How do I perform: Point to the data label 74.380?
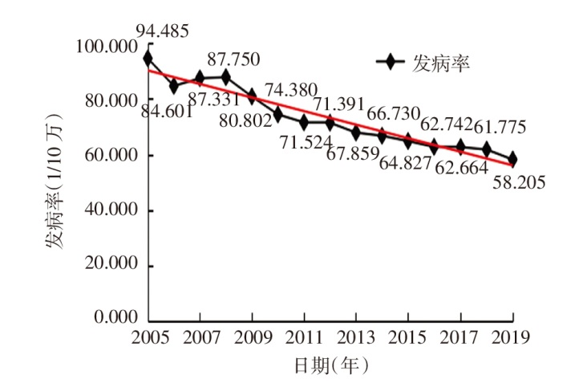pyautogui.click(x=291, y=90)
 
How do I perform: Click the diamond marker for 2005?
pyautogui.click(x=148, y=59)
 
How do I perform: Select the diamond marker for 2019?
pyautogui.click(x=512, y=159)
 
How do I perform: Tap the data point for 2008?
pyautogui.click(x=225, y=77)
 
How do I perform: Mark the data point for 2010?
pyautogui.click(x=277, y=115)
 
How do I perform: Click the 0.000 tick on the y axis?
pyautogui.click(x=115, y=318)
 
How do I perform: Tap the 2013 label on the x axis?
pyautogui.click(x=355, y=335)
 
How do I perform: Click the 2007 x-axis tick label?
pyautogui.click(x=199, y=335)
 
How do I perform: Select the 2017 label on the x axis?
pyautogui.click(x=460, y=335)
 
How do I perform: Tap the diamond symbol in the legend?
pyautogui.click(x=391, y=63)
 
